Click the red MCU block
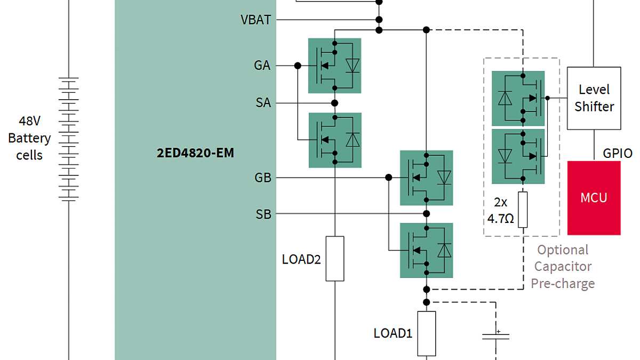594,198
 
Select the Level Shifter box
594,98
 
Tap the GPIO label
618,153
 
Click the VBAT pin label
256,20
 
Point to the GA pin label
262,66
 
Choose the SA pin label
263,103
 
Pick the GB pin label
263,178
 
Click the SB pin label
263,214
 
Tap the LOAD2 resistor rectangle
334,259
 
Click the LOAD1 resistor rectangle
426,333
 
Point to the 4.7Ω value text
501,219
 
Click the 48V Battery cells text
29,138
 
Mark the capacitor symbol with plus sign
495,335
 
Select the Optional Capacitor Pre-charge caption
563,266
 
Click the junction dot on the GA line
298,66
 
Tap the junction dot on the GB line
389,178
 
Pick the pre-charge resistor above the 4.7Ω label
523,209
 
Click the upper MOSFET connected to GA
335,65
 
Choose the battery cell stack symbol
69,139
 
